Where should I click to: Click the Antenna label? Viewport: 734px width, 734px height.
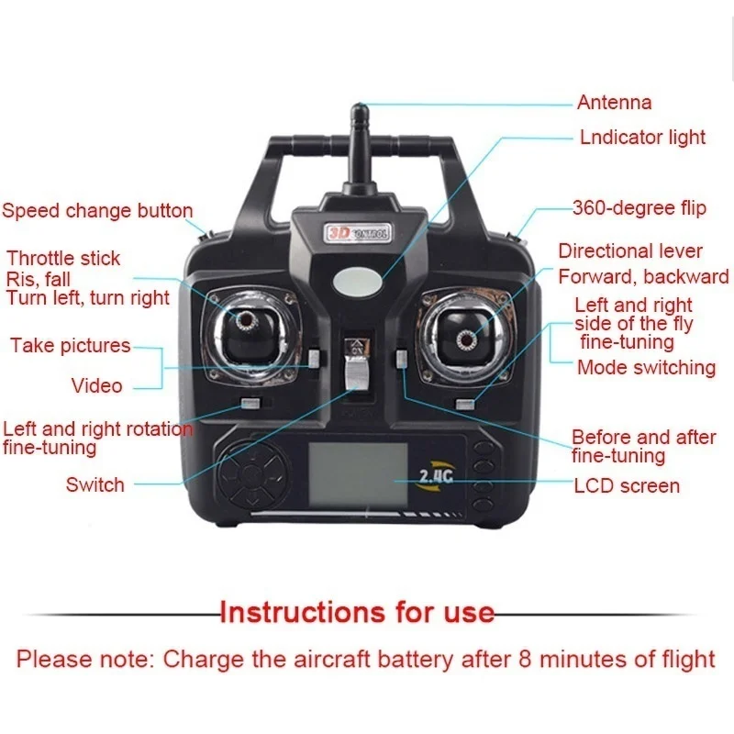[614, 103]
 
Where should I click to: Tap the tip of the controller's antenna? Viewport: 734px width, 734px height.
[359, 105]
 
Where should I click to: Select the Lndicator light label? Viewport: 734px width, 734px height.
[642, 137]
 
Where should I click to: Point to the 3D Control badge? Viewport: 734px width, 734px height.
[358, 233]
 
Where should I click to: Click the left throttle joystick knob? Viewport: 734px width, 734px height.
[246, 320]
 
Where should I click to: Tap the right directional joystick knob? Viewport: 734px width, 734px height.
[466, 339]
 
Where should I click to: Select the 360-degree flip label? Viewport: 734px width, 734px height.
[639, 208]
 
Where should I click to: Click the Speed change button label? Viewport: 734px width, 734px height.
[97, 211]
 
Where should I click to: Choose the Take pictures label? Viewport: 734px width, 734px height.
[71, 346]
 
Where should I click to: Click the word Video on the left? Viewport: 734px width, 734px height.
[97, 385]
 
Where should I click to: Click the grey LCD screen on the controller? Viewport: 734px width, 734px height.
[358, 473]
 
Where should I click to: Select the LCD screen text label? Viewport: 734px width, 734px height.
[627, 486]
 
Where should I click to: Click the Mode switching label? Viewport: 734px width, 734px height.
[647, 368]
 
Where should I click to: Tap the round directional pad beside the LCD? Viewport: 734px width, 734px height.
[251, 474]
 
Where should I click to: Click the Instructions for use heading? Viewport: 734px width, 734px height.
[357, 612]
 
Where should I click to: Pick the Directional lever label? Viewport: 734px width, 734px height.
[630, 251]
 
